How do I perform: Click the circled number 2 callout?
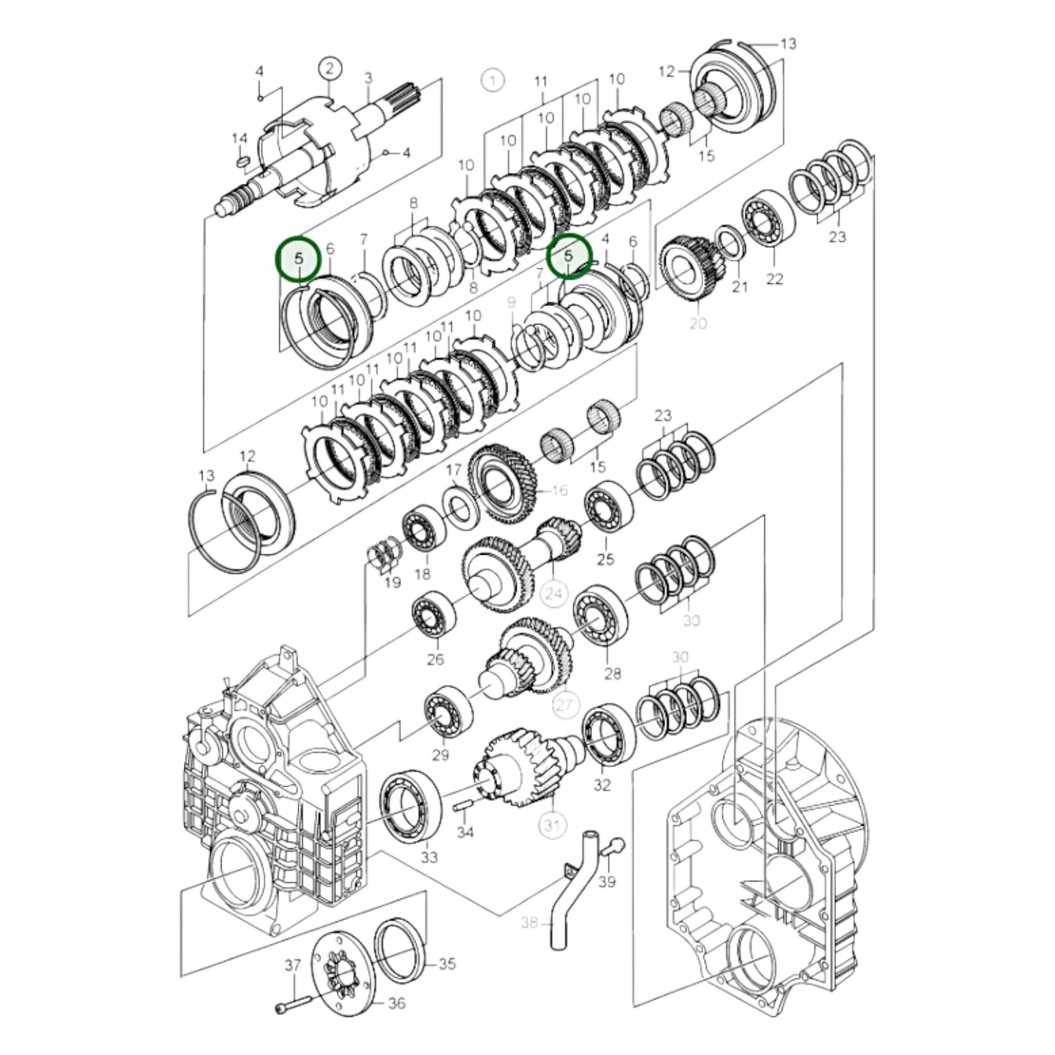(x=329, y=69)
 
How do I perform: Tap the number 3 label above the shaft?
(x=368, y=77)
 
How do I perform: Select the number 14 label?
(x=239, y=139)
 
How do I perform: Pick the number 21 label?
(x=740, y=287)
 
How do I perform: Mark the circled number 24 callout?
(x=553, y=594)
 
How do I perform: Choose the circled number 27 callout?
(x=566, y=705)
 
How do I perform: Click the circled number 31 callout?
(x=552, y=825)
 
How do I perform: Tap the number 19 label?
(x=393, y=583)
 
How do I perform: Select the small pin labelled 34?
(x=461, y=806)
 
